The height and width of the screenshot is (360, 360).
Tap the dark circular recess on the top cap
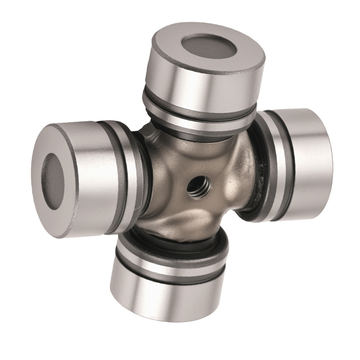[x=208, y=47]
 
